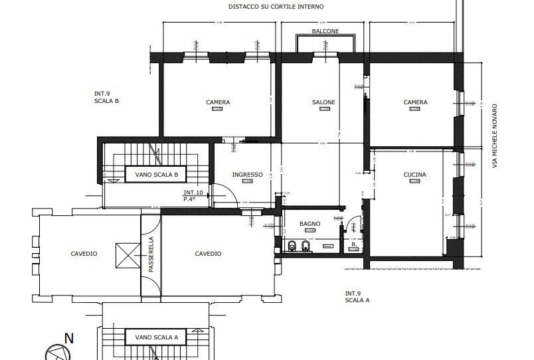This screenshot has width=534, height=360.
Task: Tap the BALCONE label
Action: (x=325, y=31)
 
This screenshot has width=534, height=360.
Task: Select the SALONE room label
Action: (x=323, y=102)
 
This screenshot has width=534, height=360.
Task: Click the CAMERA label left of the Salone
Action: (x=218, y=102)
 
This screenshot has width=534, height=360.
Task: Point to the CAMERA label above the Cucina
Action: (x=415, y=102)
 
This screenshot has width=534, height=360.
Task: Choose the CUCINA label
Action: (x=415, y=175)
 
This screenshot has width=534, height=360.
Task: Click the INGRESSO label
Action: (x=247, y=175)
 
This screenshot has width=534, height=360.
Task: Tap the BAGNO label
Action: (x=310, y=224)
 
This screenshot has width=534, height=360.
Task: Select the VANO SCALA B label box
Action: (x=157, y=175)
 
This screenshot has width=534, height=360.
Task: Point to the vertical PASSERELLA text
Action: (x=151, y=254)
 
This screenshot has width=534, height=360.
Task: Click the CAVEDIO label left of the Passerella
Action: (x=84, y=254)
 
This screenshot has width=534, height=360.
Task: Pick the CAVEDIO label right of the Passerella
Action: (x=208, y=254)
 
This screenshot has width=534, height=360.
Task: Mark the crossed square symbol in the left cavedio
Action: (x=124, y=254)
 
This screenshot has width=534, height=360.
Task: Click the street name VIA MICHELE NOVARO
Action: (x=495, y=135)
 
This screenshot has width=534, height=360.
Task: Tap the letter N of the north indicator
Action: (x=68, y=339)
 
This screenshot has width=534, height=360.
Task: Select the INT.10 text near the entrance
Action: (x=193, y=193)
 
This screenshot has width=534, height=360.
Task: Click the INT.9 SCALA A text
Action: (x=357, y=297)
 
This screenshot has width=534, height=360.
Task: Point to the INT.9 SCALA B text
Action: (x=106, y=98)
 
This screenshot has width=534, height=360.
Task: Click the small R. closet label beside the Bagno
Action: (x=354, y=244)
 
